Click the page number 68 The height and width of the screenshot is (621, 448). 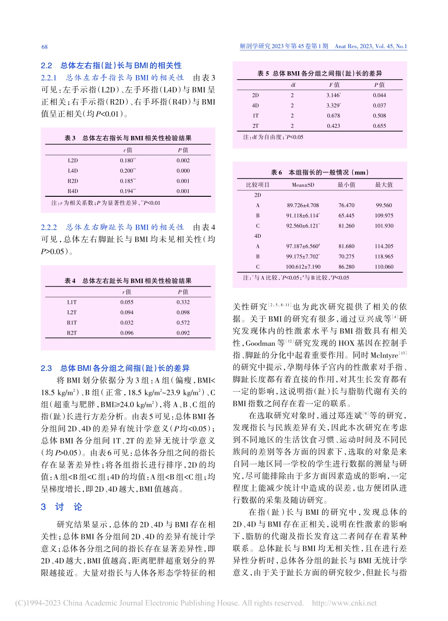[x=45, y=47]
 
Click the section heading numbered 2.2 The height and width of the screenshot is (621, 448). [x=111, y=66]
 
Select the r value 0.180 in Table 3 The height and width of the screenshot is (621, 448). [x=127, y=160]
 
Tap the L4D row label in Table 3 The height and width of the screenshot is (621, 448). [x=73, y=171]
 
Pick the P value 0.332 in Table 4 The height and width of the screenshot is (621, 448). [x=183, y=302]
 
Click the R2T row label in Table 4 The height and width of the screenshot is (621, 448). [x=72, y=333]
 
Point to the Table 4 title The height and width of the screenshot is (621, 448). [x=128, y=281]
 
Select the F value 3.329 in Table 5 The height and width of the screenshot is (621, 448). [x=333, y=105]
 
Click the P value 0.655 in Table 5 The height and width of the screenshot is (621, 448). [x=379, y=126]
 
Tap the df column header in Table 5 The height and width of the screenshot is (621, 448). [x=292, y=85]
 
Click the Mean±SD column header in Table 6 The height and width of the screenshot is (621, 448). [x=303, y=185]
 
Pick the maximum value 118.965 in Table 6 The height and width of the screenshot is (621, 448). [x=384, y=257]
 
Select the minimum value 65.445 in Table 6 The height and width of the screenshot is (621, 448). [x=346, y=216]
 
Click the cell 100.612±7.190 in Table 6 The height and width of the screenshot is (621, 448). [x=303, y=267]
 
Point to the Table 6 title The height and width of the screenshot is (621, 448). [x=320, y=173]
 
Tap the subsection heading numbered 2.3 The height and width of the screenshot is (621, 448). [x=115, y=368]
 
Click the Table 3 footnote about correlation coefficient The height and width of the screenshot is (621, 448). [x=106, y=203]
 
